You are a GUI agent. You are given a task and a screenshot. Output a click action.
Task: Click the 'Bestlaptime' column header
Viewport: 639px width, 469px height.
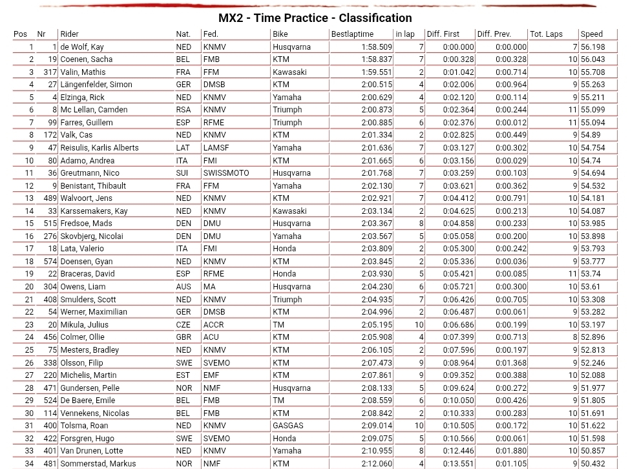352,34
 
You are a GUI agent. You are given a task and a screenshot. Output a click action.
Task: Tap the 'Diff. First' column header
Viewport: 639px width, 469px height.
443,34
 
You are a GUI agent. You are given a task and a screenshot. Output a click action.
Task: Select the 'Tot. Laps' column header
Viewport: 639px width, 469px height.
546,34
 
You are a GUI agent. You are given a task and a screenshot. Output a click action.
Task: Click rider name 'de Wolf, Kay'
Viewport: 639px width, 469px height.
82,47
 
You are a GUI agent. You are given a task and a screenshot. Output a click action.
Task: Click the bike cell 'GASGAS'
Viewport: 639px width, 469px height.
288,426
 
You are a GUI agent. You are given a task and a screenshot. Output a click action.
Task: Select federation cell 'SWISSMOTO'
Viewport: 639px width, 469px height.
226,173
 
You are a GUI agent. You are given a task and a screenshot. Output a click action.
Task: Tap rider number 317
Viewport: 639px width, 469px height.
50,72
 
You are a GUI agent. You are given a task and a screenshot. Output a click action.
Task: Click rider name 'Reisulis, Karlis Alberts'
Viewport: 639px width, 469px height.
100,148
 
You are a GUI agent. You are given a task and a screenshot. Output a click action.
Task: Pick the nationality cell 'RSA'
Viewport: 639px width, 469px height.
183,110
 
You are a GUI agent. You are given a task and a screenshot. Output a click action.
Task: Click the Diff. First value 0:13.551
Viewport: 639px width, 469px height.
458,464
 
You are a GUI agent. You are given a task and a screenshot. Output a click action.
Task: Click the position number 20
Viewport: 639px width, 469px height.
29,287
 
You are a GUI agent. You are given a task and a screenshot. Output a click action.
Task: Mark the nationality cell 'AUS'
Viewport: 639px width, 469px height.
183,287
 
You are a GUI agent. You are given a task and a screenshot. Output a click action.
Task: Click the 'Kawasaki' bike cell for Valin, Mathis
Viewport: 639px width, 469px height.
289,72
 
